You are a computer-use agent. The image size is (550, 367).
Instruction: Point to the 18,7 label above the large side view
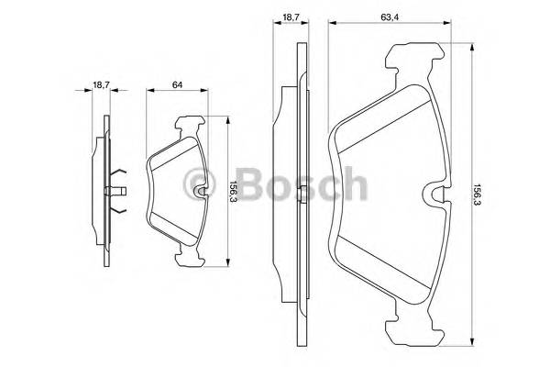[290, 16]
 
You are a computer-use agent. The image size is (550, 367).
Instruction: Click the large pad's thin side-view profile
[300, 193]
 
